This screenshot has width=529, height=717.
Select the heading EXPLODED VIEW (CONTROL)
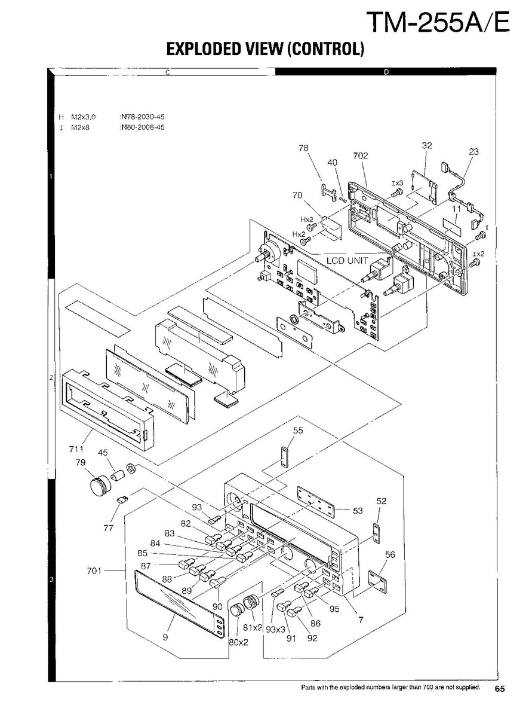[x=265, y=49]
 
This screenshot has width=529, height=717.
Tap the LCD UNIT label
[x=347, y=261]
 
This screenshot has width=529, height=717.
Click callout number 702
[x=360, y=156]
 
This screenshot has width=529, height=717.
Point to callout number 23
[x=473, y=152]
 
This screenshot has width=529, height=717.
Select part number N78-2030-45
[x=142, y=117]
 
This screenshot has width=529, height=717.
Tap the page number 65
[x=500, y=689]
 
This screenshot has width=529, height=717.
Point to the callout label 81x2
[x=254, y=627]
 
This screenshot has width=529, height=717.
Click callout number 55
[x=298, y=431]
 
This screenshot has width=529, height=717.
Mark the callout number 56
[x=390, y=555]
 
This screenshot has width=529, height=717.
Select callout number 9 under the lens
[x=165, y=637]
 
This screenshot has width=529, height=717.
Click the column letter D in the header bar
[x=386, y=72]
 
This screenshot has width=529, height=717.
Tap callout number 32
[x=426, y=145]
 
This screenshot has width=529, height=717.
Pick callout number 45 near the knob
[x=103, y=453]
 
